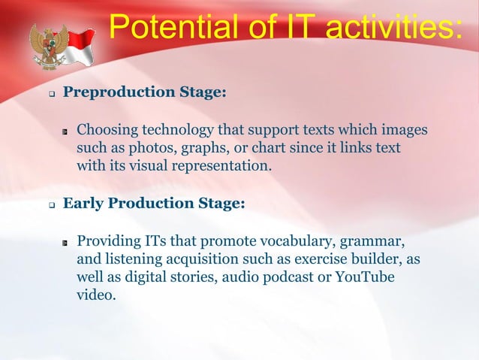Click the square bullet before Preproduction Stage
point(52,94)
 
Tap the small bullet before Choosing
point(66,131)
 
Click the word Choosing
point(108,129)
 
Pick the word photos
point(146,147)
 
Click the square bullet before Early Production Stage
point(52,204)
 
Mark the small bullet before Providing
point(66,242)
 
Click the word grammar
point(373,241)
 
